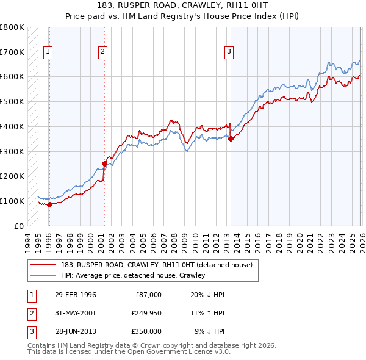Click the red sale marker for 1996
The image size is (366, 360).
[49, 204]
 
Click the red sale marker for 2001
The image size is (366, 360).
[104, 164]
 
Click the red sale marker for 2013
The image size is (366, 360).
[231, 139]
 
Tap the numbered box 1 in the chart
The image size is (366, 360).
[48, 52]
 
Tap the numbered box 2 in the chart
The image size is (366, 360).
[102, 52]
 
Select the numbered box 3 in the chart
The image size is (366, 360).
[229, 52]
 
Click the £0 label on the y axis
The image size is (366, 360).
[18, 226]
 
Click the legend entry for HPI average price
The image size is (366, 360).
[133, 275]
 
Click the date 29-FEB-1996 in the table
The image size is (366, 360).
[76, 295]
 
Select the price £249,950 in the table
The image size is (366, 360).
[146, 313]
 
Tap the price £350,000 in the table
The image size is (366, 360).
[146, 331]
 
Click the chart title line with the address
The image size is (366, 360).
[183, 6]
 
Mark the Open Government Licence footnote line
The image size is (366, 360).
[129, 352]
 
